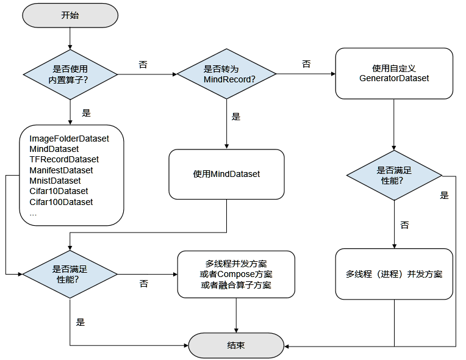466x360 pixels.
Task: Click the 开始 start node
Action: [x=70, y=15]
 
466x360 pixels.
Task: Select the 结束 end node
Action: [x=236, y=345]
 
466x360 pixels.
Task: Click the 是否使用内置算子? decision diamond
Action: [x=70, y=74]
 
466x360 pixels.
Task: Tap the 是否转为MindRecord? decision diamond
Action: [x=226, y=74]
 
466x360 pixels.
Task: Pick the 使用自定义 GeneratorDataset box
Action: [x=394, y=73]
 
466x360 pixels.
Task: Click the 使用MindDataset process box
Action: [x=226, y=174]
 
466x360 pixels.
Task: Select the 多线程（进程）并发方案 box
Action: [x=394, y=274]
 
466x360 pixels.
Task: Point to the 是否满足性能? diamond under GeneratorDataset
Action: [x=394, y=176]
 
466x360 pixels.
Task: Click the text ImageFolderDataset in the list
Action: [x=69, y=139]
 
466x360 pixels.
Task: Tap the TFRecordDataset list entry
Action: [x=64, y=159]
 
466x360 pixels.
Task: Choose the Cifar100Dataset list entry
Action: [x=61, y=202]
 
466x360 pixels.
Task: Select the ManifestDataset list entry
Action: [x=61, y=170]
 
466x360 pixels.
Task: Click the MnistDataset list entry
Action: [x=55, y=181]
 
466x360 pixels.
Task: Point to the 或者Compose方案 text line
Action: [x=236, y=274]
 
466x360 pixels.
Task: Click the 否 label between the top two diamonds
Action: [x=143, y=65]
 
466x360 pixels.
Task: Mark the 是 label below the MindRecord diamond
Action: [x=236, y=117]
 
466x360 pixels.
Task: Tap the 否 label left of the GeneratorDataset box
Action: [x=306, y=64]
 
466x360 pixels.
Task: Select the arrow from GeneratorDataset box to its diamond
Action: [x=394, y=125]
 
